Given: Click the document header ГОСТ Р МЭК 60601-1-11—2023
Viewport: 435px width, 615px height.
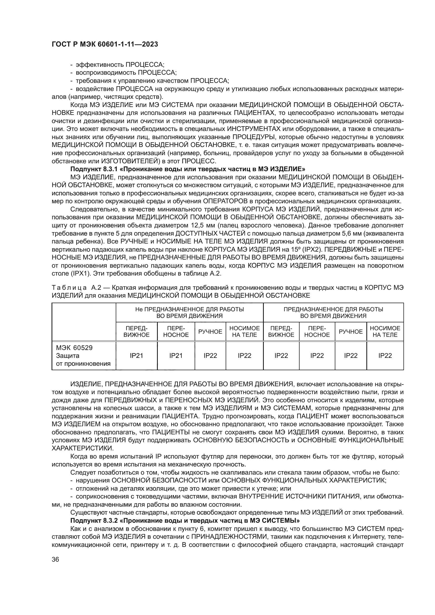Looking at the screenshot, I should pos(105,44).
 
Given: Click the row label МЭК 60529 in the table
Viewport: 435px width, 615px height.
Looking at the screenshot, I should pos(74,348).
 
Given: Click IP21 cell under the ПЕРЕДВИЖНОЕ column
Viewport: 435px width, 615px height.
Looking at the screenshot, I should pos(136,356).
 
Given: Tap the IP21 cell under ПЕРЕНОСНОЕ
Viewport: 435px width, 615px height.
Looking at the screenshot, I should pos(176,356).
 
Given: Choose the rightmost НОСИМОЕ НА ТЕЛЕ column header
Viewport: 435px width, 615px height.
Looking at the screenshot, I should pos(385,332).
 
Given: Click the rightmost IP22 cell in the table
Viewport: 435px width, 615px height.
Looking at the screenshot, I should pos(385,356).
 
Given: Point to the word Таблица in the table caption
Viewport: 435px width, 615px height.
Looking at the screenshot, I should pos(69,288).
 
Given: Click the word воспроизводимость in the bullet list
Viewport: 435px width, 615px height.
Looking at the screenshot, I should pos(106,73).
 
